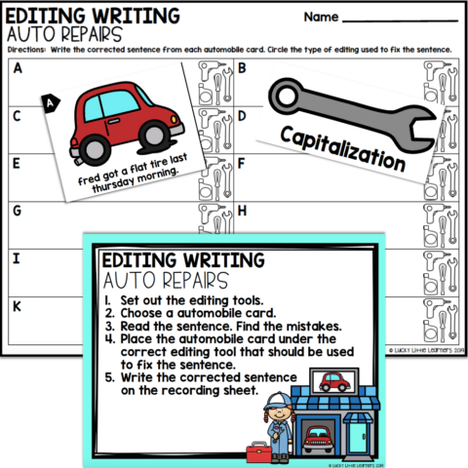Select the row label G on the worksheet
coord(17,211)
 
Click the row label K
coord(17,305)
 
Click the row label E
coord(17,163)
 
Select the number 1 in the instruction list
coord(110,300)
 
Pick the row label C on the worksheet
coord(17,116)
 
